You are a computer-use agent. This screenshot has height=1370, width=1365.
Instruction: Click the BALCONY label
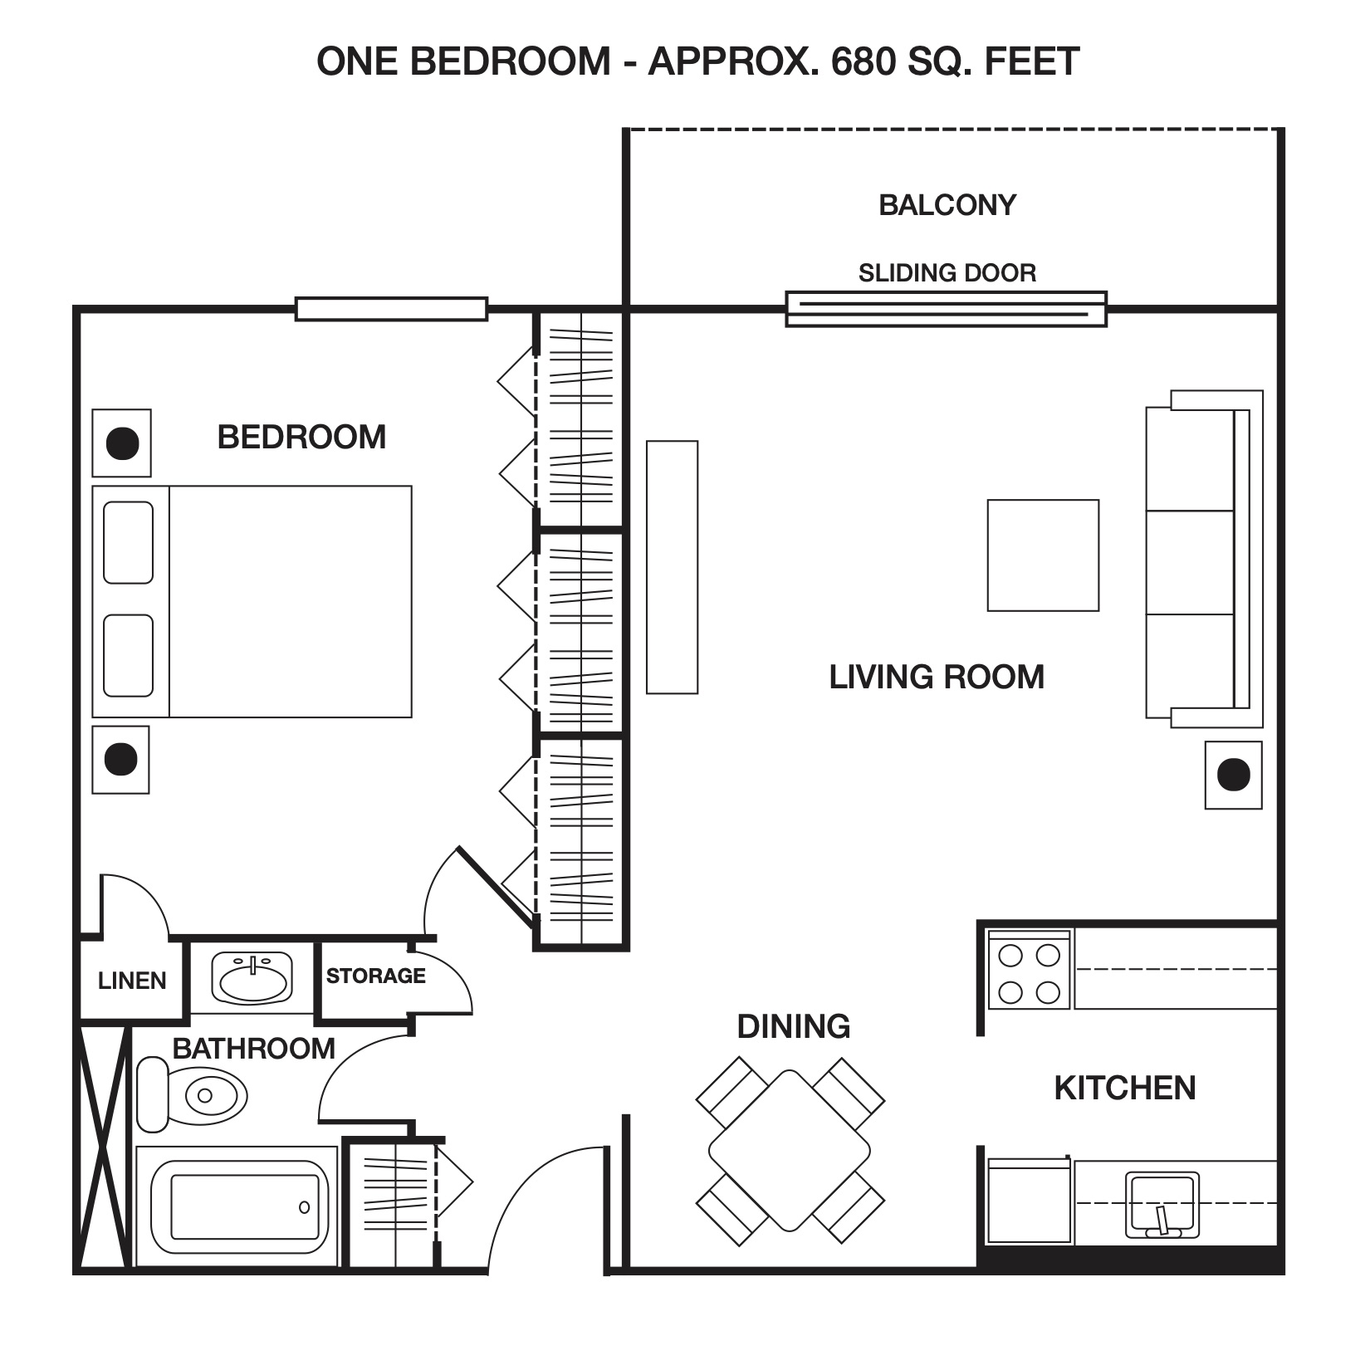click(x=947, y=205)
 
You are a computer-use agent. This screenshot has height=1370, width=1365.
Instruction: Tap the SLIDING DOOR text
click(x=947, y=272)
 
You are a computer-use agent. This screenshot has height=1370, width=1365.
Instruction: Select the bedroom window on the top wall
click(x=391, y=309)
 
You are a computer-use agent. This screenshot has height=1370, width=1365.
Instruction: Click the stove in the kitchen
click(x=1030, y=968)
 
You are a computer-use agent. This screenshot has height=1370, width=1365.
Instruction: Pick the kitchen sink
click(x=1162, y=1205)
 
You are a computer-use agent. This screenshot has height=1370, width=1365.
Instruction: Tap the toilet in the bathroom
click(x=192, y=1094)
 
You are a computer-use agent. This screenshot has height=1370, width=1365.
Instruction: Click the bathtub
click(x=237, y=1206)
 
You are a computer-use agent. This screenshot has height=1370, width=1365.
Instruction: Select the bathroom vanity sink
click(x=252, y=976)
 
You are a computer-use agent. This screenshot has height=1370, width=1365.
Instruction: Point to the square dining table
click(x=790, y=1151)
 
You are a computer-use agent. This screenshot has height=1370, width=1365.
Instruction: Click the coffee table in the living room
click(x=1043, y=555)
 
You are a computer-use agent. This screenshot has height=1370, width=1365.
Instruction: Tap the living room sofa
click(x=1204, y=559)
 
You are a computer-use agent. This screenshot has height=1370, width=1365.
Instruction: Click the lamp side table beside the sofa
click(x=1234, y=775)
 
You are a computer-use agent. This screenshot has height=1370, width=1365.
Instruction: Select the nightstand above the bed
click(x=121, y=443)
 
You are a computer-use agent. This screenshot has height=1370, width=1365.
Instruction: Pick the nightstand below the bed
click(x=120, y=760)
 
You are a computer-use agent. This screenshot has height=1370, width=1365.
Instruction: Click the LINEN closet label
click(x=132, y=981)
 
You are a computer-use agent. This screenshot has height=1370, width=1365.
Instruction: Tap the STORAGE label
click(x=375, y=976)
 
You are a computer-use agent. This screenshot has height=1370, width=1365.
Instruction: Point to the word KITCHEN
click(x=1125, y=1088)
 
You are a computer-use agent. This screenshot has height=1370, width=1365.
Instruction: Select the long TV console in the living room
click(x=672, y=567)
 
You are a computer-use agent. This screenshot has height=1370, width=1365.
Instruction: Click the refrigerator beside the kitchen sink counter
click(x=1029, y=1201)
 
